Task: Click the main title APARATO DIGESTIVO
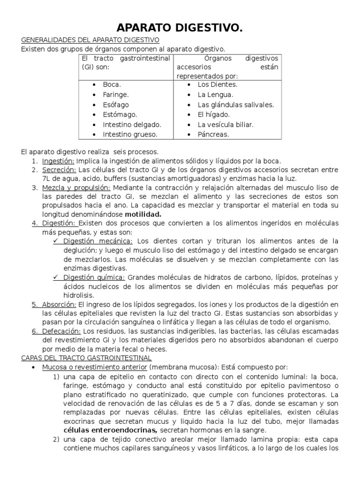click(180, 29)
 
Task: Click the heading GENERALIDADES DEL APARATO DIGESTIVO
click(90, 40)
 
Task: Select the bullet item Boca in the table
click(112, 85)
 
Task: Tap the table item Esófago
click(116, 105)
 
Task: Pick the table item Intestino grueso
click(130, 135)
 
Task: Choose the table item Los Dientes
click(217, 85)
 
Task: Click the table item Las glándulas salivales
click(236, 105)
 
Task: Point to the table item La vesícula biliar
click(225, 125)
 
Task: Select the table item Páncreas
click(213, 135)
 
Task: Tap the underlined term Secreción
click(59, 170)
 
